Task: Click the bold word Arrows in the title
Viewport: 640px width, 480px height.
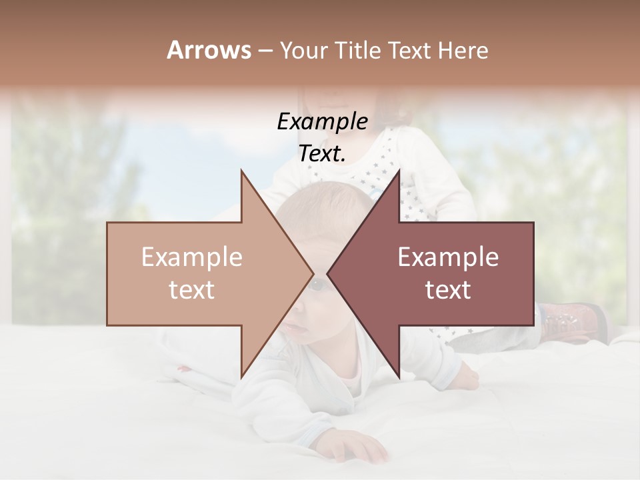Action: tap(209, 50)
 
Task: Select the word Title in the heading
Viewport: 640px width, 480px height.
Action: tap(357, 51)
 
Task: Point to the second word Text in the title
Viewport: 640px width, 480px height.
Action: tap(411, 51)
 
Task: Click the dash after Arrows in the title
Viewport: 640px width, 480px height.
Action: tap(265, 51)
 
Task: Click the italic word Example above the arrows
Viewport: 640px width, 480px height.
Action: tap(322, 121)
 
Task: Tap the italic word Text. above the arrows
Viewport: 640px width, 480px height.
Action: tap(322, 154)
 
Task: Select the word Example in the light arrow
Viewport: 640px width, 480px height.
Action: tap(191, 257)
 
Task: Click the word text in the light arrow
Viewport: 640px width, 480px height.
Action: tap(191, 289)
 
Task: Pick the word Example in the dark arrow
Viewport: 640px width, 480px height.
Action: tap(448, 257)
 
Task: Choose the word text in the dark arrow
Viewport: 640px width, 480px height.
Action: tap(448, 289)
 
